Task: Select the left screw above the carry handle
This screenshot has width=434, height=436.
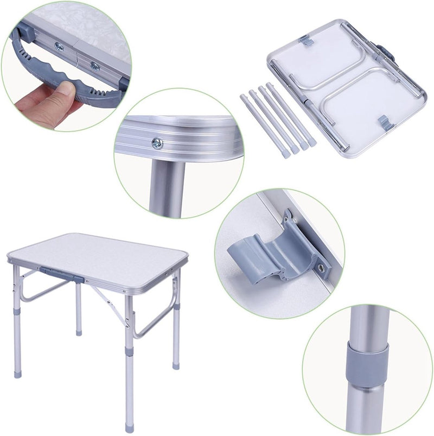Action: [59, 47]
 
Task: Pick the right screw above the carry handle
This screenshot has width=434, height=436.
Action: [95, 66]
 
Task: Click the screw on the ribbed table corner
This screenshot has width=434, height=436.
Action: [157, 143]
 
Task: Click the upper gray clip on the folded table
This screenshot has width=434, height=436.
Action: [306, 41]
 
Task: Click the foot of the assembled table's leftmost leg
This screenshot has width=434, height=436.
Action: [18, 374]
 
